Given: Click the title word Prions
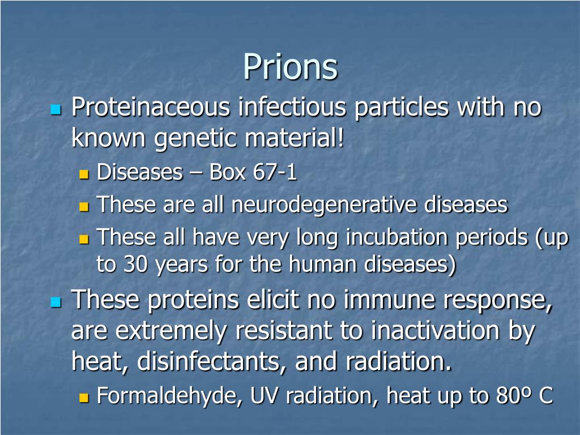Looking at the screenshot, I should (x=290, y=67).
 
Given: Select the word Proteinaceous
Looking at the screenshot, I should (x=151, y=108).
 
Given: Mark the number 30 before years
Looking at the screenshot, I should (x=132, y=265).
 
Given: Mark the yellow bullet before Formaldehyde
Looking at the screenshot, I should (x=84, y=398).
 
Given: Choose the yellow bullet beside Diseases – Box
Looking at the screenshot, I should (x=84, y=174).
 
